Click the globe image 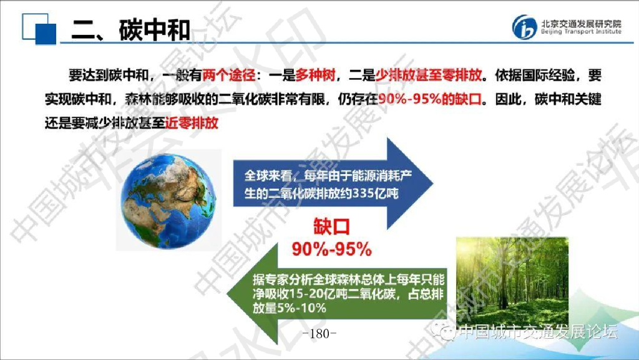point(167,200)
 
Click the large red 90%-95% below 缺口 point(332,249)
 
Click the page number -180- point(323,334)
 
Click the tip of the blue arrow point(429,183)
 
